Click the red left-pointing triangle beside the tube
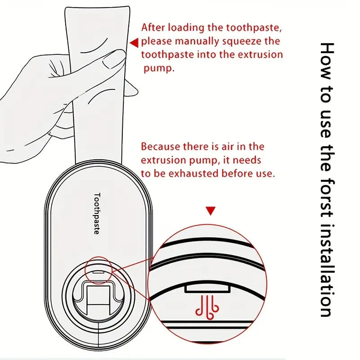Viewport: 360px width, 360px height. point(135,43)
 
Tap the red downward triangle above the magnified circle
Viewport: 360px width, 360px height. point(211,211)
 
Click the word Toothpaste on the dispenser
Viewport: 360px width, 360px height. point(97,213)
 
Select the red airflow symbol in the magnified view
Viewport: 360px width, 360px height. point(207,308)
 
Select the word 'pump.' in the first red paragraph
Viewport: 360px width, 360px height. point(159,69)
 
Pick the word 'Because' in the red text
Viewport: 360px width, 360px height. point(160,147)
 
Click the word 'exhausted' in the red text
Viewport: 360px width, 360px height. point(193,174)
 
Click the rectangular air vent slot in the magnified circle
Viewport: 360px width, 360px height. point(207,289)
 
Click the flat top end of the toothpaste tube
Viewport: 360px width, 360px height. point(97,7)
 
